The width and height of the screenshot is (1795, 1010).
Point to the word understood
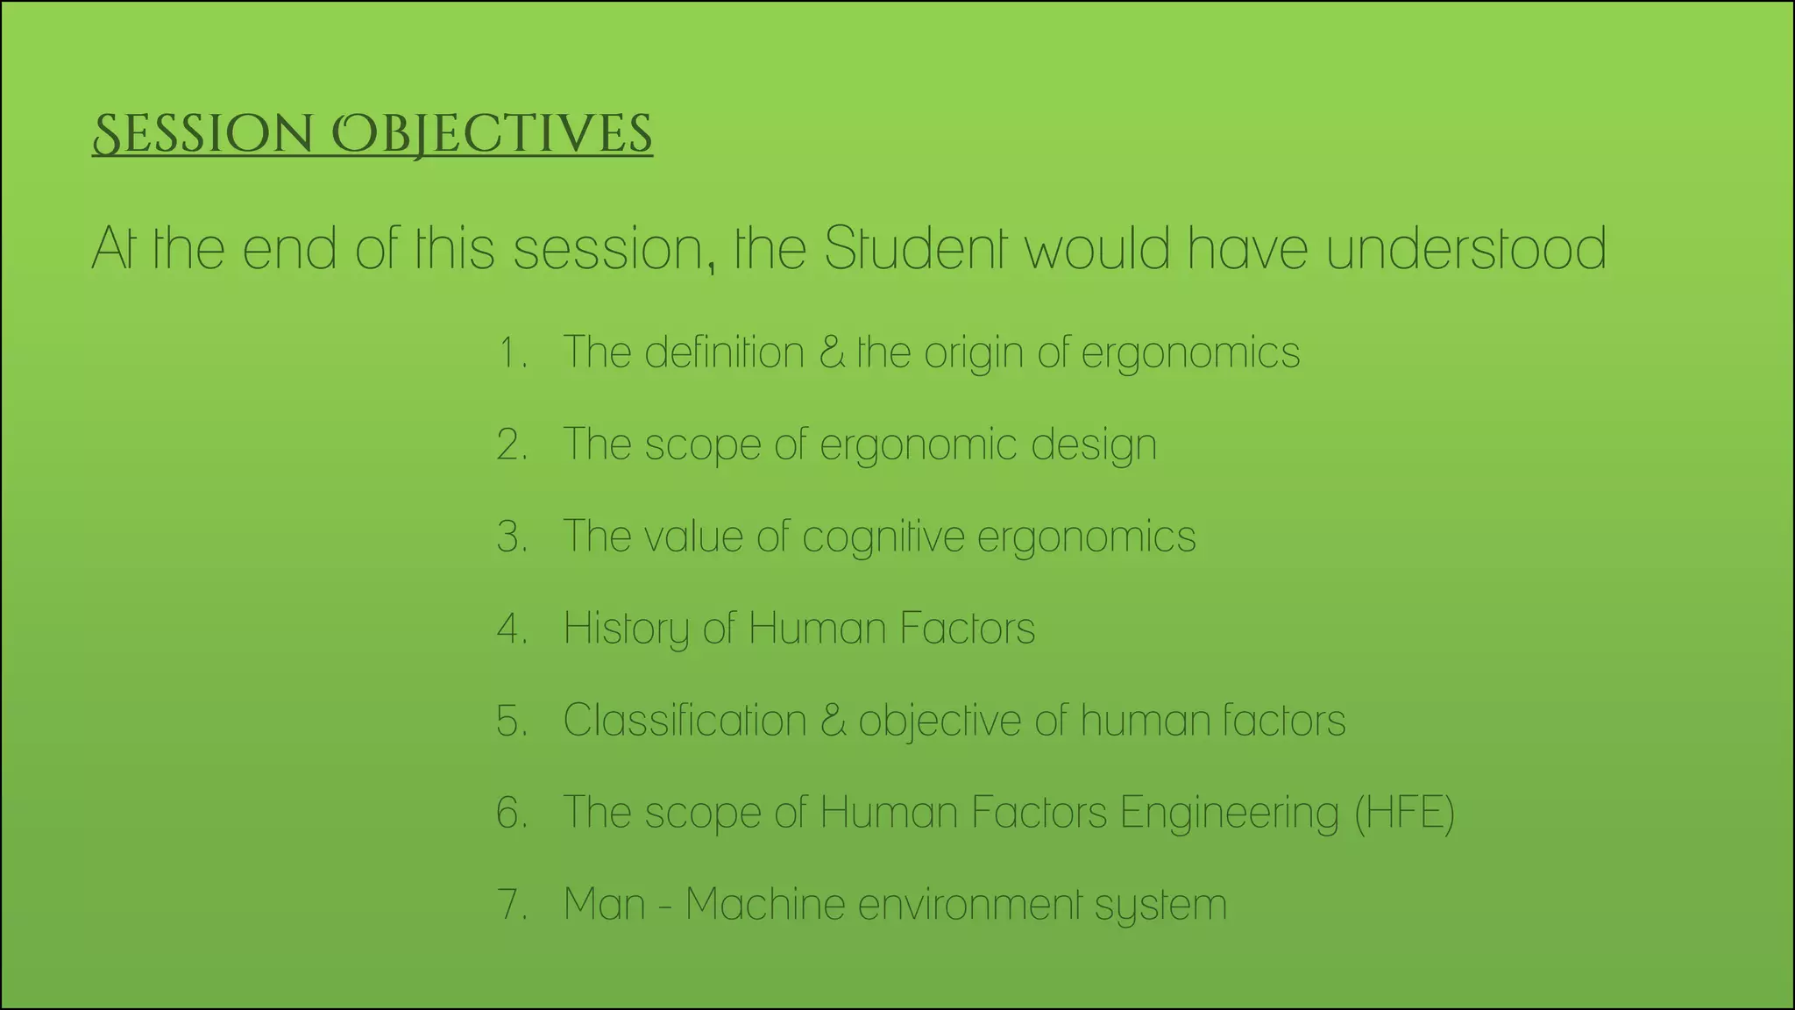(x=1465, y=248)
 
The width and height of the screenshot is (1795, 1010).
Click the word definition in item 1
(x=724, y=352)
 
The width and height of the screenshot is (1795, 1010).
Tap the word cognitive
(x=883, y=537)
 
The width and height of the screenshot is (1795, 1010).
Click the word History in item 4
(x=626, y=629)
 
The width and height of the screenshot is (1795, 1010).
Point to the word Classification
(x=684, y=721)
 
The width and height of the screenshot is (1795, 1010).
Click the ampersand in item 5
(x=834, y=721)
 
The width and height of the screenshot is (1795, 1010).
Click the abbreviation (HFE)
(x=1405, y=813)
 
